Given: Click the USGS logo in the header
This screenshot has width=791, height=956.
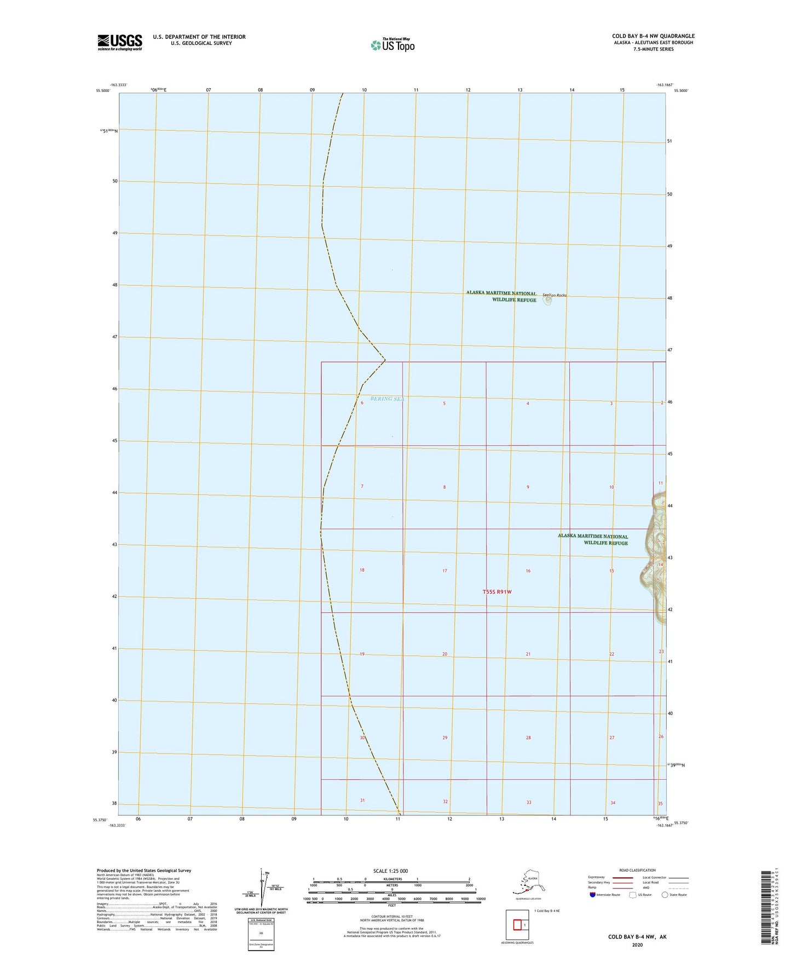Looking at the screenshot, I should [x=120, y=42].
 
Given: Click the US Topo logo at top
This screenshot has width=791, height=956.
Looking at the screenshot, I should [x=392, y=44].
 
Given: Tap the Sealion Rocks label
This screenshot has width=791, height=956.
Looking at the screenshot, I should [x=555, y=295].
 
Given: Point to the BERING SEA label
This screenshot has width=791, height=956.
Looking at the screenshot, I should [x=387, y=399].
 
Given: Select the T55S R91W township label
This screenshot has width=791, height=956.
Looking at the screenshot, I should [x=497, y=591].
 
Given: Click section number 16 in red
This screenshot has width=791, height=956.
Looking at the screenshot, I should [x=528, y=571].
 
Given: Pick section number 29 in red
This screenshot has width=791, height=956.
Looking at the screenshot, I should [x=445, y=738].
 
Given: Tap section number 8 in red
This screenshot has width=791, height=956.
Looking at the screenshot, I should [x=444, y=487].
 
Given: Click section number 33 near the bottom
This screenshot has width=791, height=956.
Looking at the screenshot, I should [x=529, y=802].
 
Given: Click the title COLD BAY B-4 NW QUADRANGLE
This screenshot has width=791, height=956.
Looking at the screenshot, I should [x=653, y=36].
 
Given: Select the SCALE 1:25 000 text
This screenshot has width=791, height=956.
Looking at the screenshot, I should [x=391, y=871].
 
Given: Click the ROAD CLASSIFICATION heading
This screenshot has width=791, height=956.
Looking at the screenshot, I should [x=637, y=870].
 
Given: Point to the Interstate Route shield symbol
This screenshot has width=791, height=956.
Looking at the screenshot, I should [x=593, y=895].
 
